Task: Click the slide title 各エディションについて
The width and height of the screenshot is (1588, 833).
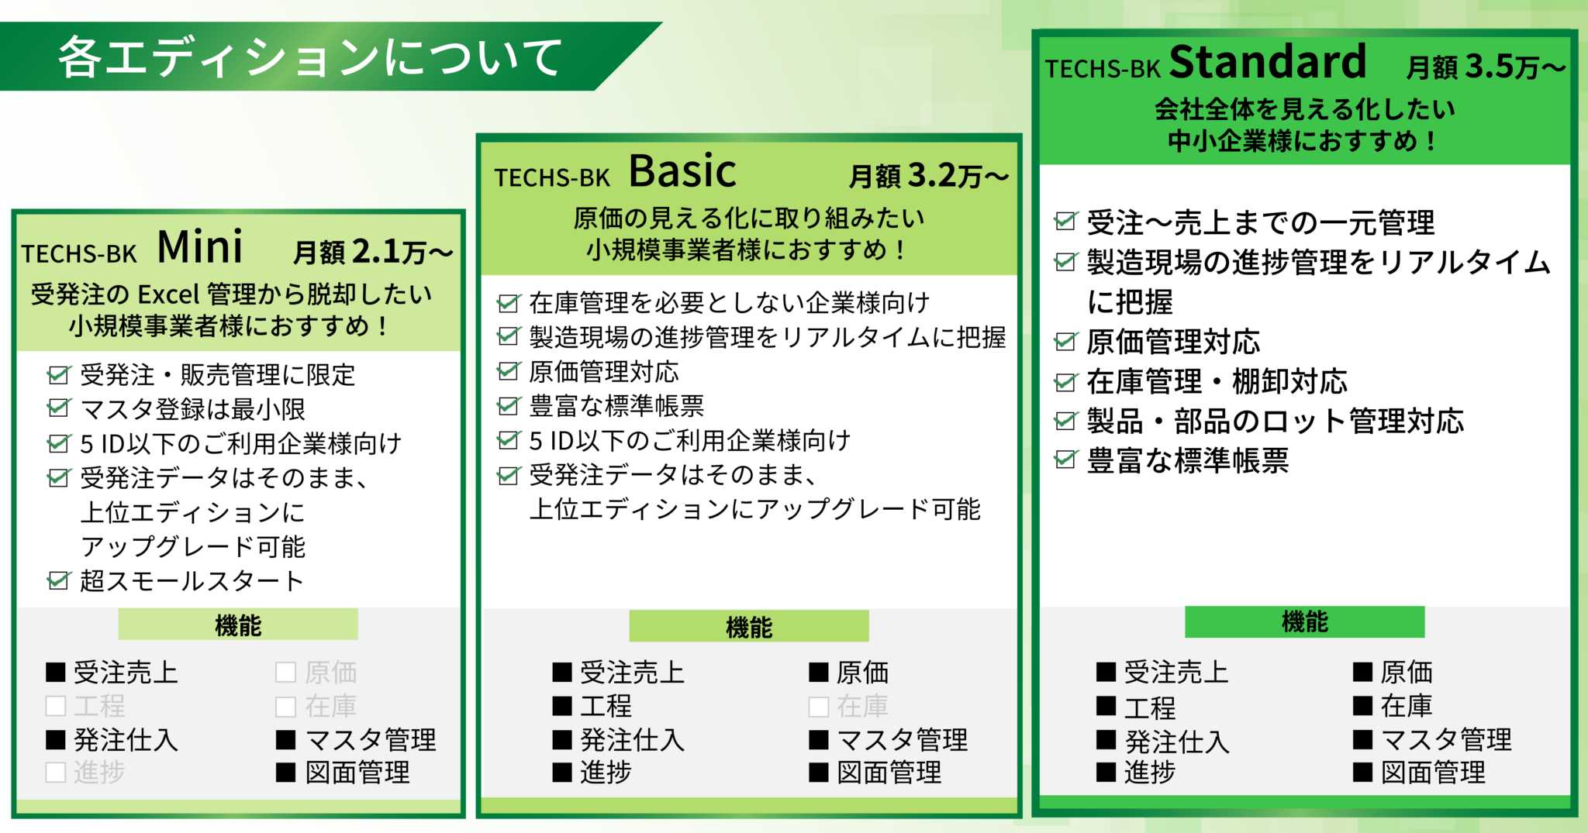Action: coord(310,57)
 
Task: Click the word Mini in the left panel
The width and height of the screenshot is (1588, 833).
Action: coord(200,248)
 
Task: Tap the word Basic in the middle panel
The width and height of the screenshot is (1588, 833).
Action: coord(682,171)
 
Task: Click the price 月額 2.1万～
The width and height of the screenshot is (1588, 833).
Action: coord(373,252)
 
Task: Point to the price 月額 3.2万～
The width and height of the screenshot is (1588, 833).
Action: coord(928,176)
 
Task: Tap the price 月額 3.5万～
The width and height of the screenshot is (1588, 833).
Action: coord(1485,67)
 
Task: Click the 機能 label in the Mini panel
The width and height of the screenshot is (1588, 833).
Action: coord(238,625)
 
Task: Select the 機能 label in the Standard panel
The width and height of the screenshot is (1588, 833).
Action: coord(1304,621)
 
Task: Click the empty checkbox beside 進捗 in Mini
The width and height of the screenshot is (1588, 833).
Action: coord(56,773)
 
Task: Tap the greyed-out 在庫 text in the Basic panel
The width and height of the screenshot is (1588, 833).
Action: coord(862,706)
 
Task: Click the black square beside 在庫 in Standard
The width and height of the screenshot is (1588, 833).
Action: coord(1362,705)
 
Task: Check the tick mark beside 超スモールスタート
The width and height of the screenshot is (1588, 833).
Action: coord(59,580)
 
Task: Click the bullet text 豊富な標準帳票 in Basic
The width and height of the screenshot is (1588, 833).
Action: coord(616,406)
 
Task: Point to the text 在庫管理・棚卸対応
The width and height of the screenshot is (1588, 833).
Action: coord(1217,381)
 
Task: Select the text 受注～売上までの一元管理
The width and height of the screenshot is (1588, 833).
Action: coord(1260,223)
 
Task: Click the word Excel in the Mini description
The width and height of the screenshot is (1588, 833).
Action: coord(168,294)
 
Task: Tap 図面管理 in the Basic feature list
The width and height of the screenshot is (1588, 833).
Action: coord(889,773)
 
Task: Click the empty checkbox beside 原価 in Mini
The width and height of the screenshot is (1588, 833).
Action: coord(285,672)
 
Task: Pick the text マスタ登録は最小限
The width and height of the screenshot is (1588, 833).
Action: coord(192,409)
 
